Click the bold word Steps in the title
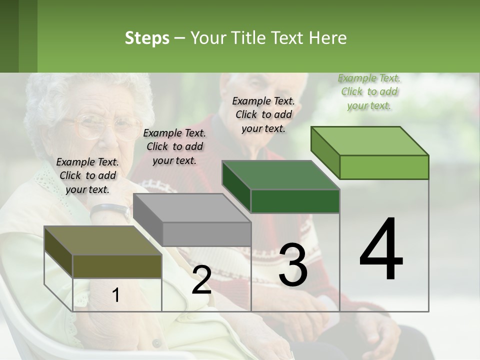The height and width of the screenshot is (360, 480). click(x=147, y=38)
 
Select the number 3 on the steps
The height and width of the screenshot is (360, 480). click(x=292, y=265)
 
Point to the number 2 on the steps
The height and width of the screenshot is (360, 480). click(x=201, y=280)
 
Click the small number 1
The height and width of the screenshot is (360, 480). click(x=116, y=295)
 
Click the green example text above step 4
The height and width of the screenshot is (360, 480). click(x=369, y=91)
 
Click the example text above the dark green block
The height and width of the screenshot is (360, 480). click(x=263, y=114)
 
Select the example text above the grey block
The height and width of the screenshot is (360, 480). click(x=174, y=146)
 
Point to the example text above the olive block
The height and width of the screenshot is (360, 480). click(x=87, y=175)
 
